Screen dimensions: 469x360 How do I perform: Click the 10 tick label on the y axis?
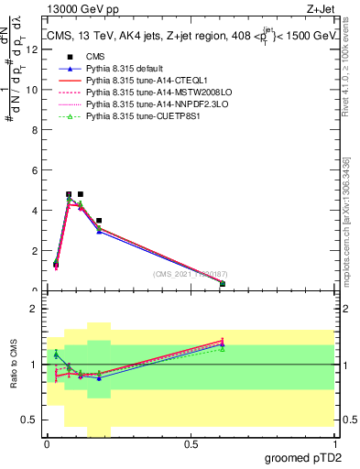click(x=34, y=90)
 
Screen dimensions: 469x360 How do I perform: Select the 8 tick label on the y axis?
click(x=36, y=130)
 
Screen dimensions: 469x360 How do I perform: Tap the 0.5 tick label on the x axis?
click(x=191, y=445)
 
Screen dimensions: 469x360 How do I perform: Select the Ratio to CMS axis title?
click(x=13, y=365)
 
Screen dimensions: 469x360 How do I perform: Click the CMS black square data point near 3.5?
click(x=99, y=221)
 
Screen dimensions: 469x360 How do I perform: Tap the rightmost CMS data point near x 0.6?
click(x=223, y=284)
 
